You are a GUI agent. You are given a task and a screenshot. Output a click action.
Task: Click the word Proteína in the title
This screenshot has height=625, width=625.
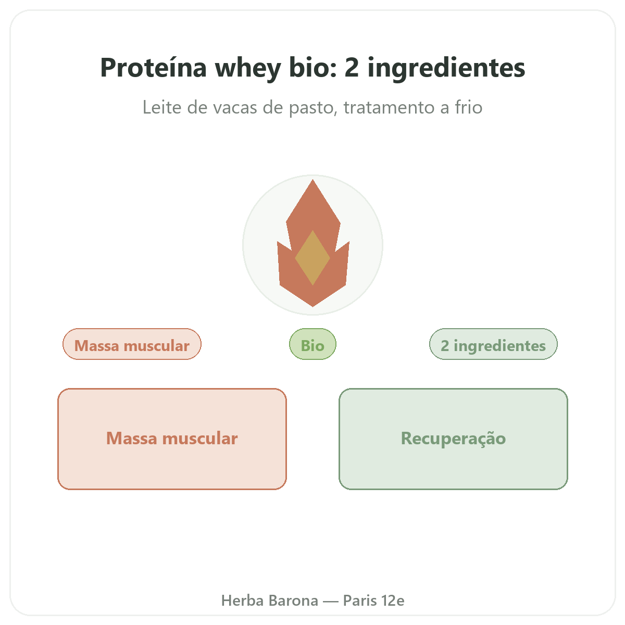coord(154,68)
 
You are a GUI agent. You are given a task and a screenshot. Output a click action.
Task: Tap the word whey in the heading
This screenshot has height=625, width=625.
coord(248,69)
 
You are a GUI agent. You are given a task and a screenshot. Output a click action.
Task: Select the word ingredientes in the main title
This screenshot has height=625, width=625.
coord(446,69)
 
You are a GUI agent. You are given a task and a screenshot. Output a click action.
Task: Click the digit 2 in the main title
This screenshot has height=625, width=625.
coord(352,68)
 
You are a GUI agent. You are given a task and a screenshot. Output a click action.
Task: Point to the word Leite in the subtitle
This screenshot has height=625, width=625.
coord(161,107)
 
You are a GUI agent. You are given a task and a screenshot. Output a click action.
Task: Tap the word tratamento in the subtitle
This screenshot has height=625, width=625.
coord(388,107)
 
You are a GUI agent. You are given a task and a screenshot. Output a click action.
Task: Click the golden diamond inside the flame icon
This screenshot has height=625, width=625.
coord(312,258)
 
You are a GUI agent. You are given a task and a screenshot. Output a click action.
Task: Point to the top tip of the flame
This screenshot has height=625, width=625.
coord(312,180)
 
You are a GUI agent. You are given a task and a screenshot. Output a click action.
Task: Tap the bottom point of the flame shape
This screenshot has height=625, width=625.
coord(312,306)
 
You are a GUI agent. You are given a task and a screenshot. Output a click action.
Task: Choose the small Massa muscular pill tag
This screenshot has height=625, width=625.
coord(132,344)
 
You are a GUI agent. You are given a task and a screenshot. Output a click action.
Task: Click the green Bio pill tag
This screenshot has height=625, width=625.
coord(312,344)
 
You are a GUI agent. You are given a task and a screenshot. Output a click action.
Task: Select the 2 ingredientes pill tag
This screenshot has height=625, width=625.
coord(493,344)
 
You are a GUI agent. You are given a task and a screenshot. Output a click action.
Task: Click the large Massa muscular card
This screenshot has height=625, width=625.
coord(172,439)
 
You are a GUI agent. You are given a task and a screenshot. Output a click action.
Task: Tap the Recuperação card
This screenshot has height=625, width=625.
coord(453,439)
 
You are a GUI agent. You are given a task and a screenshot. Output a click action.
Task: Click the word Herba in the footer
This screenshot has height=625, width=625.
coord(242,601)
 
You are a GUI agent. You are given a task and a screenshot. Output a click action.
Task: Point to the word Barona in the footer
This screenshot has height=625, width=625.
coord(294,601)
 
